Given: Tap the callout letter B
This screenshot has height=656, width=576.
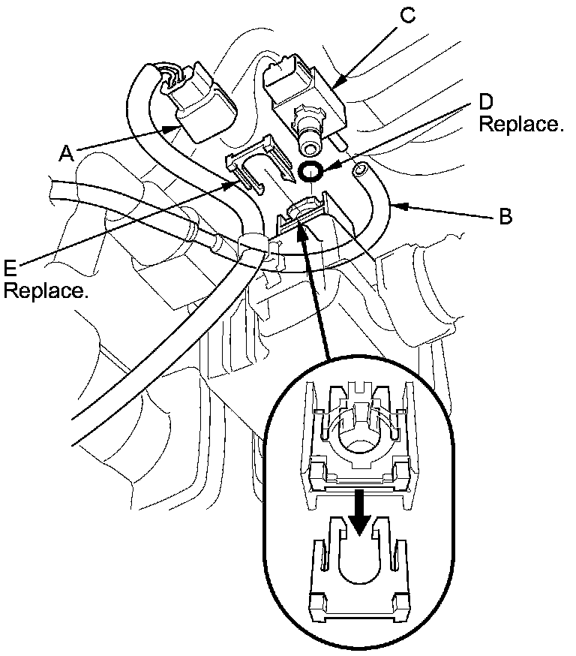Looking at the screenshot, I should pyautogui.click(x=506, y=218).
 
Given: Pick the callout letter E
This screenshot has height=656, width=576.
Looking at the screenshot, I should pyautogui.click(x=10, y=267).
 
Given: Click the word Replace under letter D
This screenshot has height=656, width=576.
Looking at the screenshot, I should pyautogui.click(x=520, y=125).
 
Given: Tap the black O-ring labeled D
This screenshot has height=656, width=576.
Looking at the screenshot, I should pyautogui.click(x=311, y=171).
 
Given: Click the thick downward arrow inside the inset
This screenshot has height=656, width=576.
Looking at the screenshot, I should pyautogui.click(x=361, y=511).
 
